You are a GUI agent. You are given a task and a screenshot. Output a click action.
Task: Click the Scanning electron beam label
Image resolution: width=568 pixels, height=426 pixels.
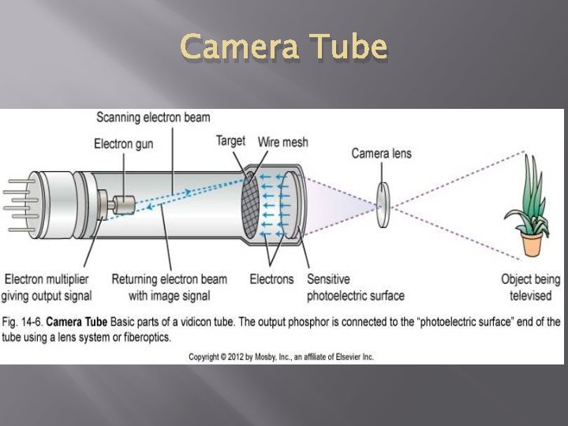tap(153, 118)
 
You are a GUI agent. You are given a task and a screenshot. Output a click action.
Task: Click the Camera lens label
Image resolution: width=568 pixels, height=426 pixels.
tap(381, 152)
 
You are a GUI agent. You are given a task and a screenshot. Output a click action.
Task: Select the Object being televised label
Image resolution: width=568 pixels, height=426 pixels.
tap(530, 287)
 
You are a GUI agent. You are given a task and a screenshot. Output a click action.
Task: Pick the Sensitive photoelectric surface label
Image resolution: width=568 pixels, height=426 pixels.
tap(355, 287)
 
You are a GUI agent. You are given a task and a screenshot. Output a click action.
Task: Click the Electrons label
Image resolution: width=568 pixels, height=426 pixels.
tap(271, 279)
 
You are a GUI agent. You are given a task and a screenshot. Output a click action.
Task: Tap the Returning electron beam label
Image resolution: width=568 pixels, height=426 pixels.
tap(169, 287)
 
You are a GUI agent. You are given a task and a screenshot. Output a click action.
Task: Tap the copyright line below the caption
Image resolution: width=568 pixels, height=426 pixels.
tap(281, 357)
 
